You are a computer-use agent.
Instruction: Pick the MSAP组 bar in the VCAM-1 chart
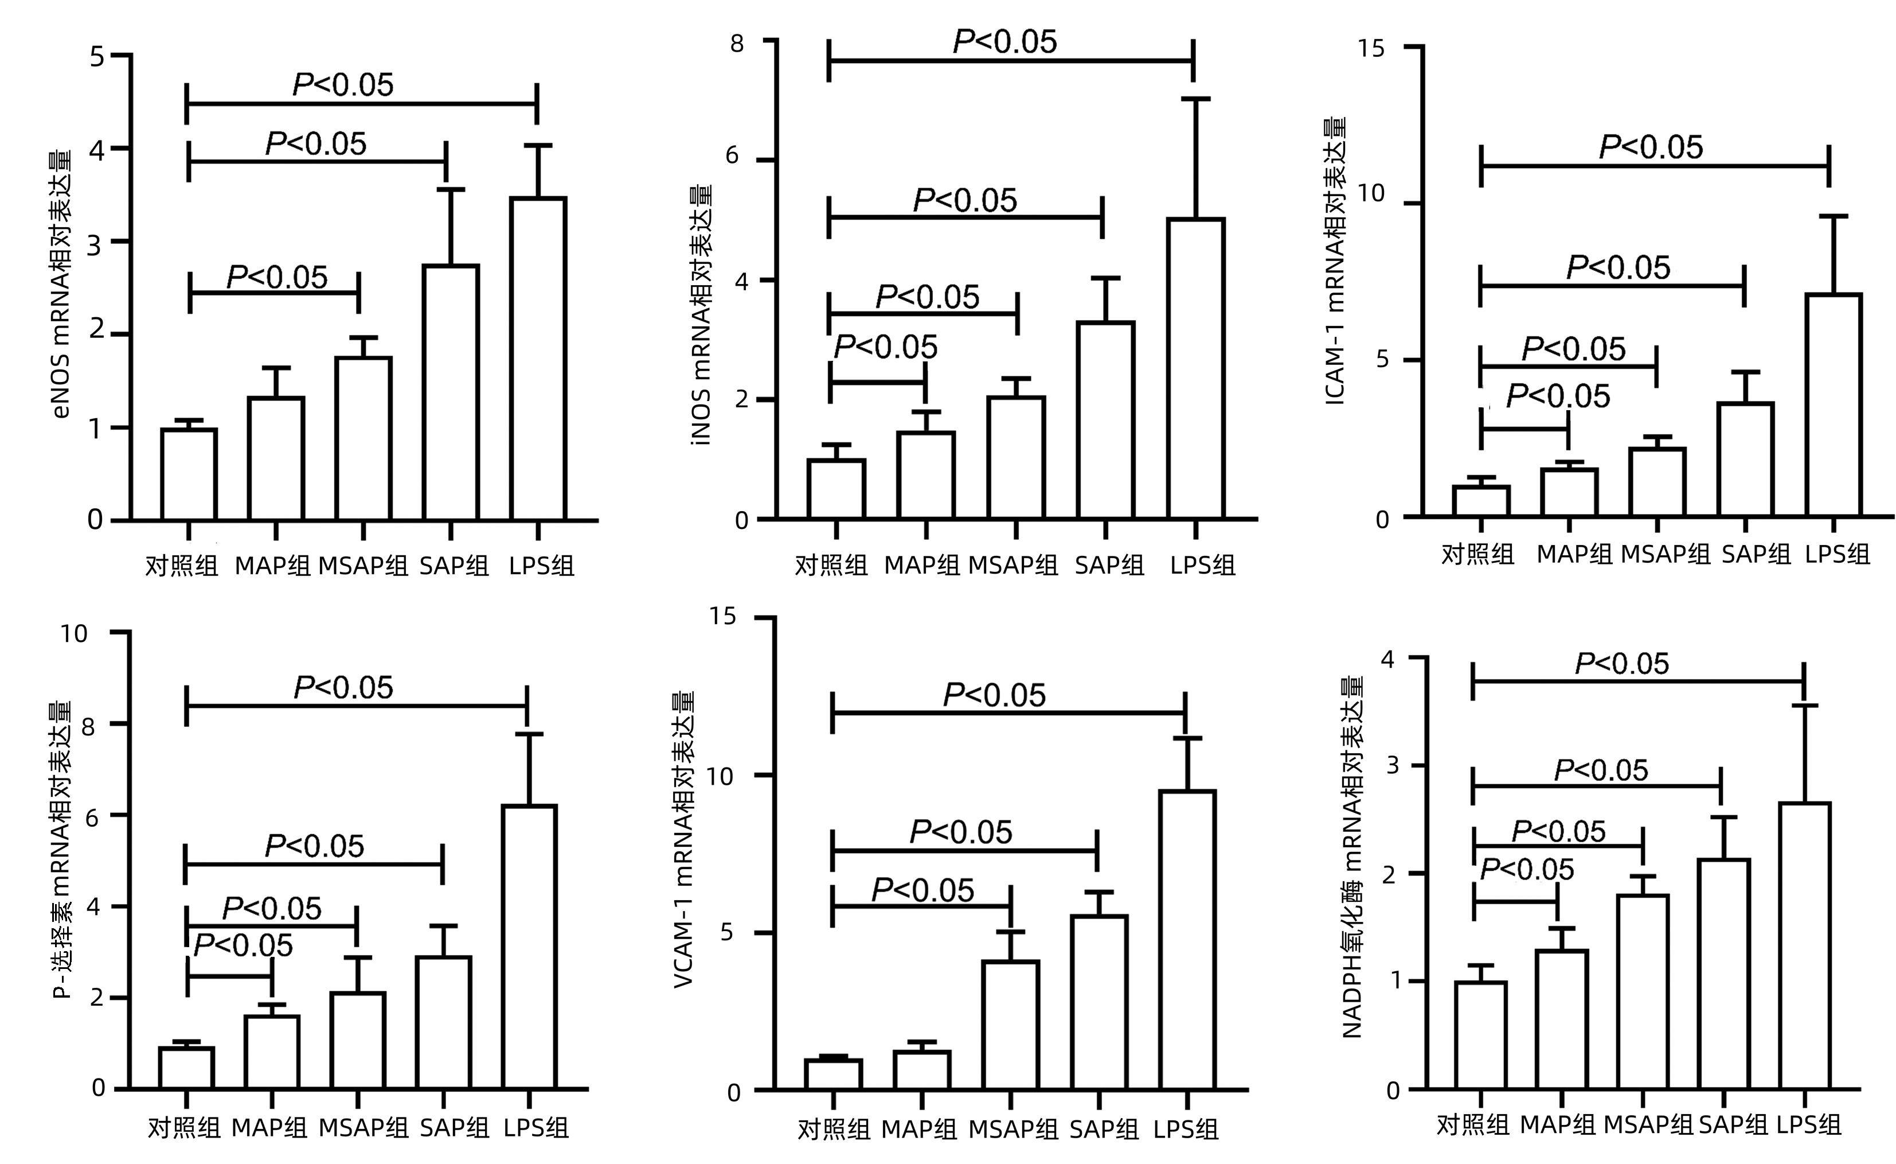tap(1010, 1025)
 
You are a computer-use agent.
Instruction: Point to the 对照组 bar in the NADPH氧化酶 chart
tap(1480, 1035)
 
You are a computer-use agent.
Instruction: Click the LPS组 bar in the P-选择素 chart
tap(529, 947)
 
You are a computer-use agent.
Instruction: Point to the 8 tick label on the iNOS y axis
tap(737, 43)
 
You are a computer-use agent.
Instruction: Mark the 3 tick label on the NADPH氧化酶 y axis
tap(1391, 765)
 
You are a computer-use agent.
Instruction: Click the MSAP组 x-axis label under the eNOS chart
tap(363, 566)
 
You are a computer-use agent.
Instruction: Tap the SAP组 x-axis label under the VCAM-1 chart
tap(1104, 1130)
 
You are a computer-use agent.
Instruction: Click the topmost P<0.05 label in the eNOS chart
tap(343, 85)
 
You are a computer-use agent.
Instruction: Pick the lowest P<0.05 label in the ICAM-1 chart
tap(1557, 396)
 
